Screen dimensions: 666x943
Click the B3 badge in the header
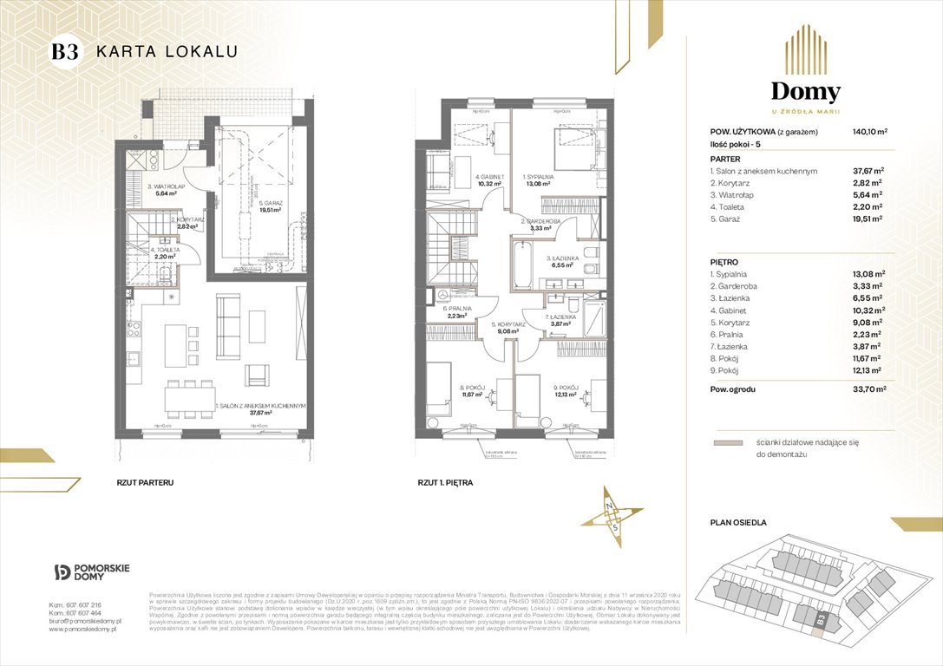(x=65, y=51)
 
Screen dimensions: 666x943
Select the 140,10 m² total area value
(x=869, y=133)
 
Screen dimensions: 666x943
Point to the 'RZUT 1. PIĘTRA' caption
(x=445, y=481)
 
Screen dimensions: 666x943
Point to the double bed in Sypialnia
(x=573, y=150)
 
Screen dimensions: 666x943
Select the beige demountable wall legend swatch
(x=726, y=442)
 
